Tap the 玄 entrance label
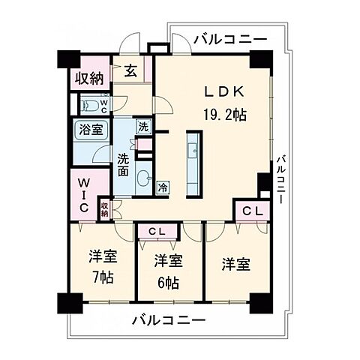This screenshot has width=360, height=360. point(130,71)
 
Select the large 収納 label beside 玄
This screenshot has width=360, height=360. point(88,78)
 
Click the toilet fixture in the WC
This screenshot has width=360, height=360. point(90,104)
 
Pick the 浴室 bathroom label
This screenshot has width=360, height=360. point(88,129)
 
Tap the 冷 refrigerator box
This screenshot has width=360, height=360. point(162,187)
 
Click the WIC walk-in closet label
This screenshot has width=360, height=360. point(83,193)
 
